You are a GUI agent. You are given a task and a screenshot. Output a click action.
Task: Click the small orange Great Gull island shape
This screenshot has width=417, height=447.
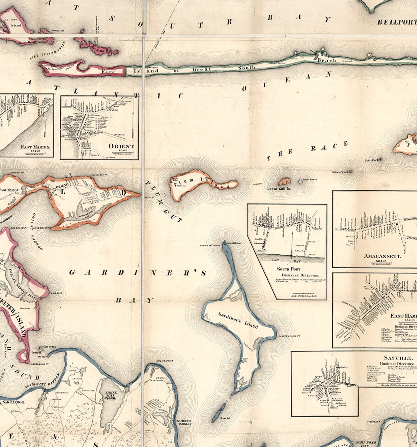pos(284,181)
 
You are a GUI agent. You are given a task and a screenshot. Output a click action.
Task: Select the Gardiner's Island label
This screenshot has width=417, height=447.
pos(238,321)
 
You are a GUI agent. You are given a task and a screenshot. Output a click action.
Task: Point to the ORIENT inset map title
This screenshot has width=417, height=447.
pos(121,146)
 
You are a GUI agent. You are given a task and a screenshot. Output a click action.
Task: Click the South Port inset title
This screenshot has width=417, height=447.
pos(288,269)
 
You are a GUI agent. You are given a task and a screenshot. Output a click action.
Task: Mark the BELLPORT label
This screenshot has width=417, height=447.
pos(397,22)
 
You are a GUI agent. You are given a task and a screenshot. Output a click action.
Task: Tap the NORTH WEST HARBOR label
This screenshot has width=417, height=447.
pos(39,385)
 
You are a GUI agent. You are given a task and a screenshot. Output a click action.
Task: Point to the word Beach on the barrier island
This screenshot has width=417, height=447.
pos(326,60)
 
